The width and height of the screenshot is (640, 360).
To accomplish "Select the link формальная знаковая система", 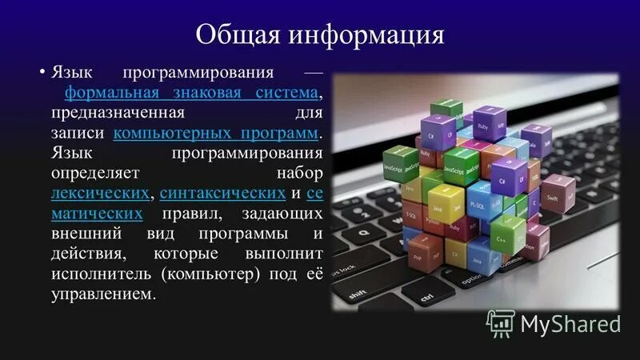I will click(192, 92).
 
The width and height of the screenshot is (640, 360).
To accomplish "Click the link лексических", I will click(100, 193).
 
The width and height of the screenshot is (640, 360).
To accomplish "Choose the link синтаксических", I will click(222, 193).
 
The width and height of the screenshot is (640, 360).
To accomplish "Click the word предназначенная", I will click(118, 113).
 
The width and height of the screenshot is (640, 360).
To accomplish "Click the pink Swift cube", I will click(558, 192).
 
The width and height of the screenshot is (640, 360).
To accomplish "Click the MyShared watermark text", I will click(570, 323).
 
